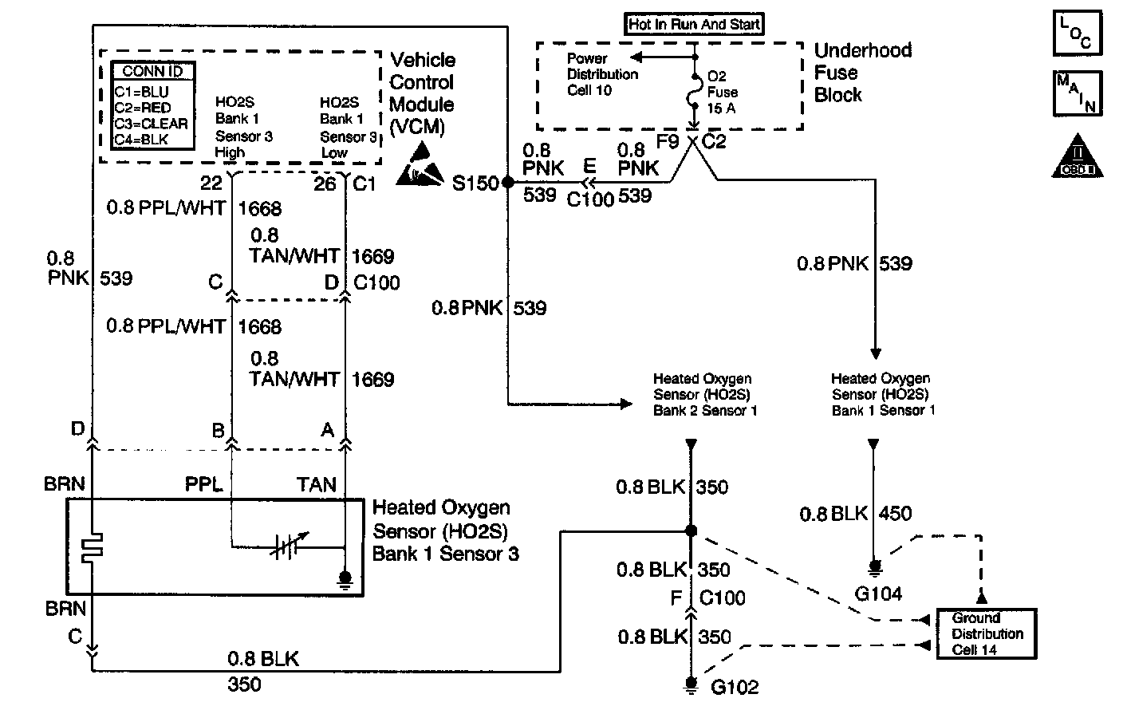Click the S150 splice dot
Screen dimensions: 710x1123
506,183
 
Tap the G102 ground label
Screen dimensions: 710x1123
735,686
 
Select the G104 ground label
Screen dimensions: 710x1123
878,593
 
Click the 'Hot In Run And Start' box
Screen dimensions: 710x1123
694,24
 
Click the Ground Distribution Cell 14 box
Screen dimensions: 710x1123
987,634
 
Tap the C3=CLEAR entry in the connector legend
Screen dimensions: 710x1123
151,124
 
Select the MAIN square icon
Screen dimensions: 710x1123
1077,93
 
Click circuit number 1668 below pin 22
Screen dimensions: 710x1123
259,209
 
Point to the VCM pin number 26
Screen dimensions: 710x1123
325,183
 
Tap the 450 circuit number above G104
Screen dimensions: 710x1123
894,513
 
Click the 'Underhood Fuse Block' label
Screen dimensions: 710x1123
861,73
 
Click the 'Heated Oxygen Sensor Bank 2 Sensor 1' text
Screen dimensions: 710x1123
704,395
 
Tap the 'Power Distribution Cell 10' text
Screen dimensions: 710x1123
602,74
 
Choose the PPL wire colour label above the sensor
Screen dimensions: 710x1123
203,484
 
